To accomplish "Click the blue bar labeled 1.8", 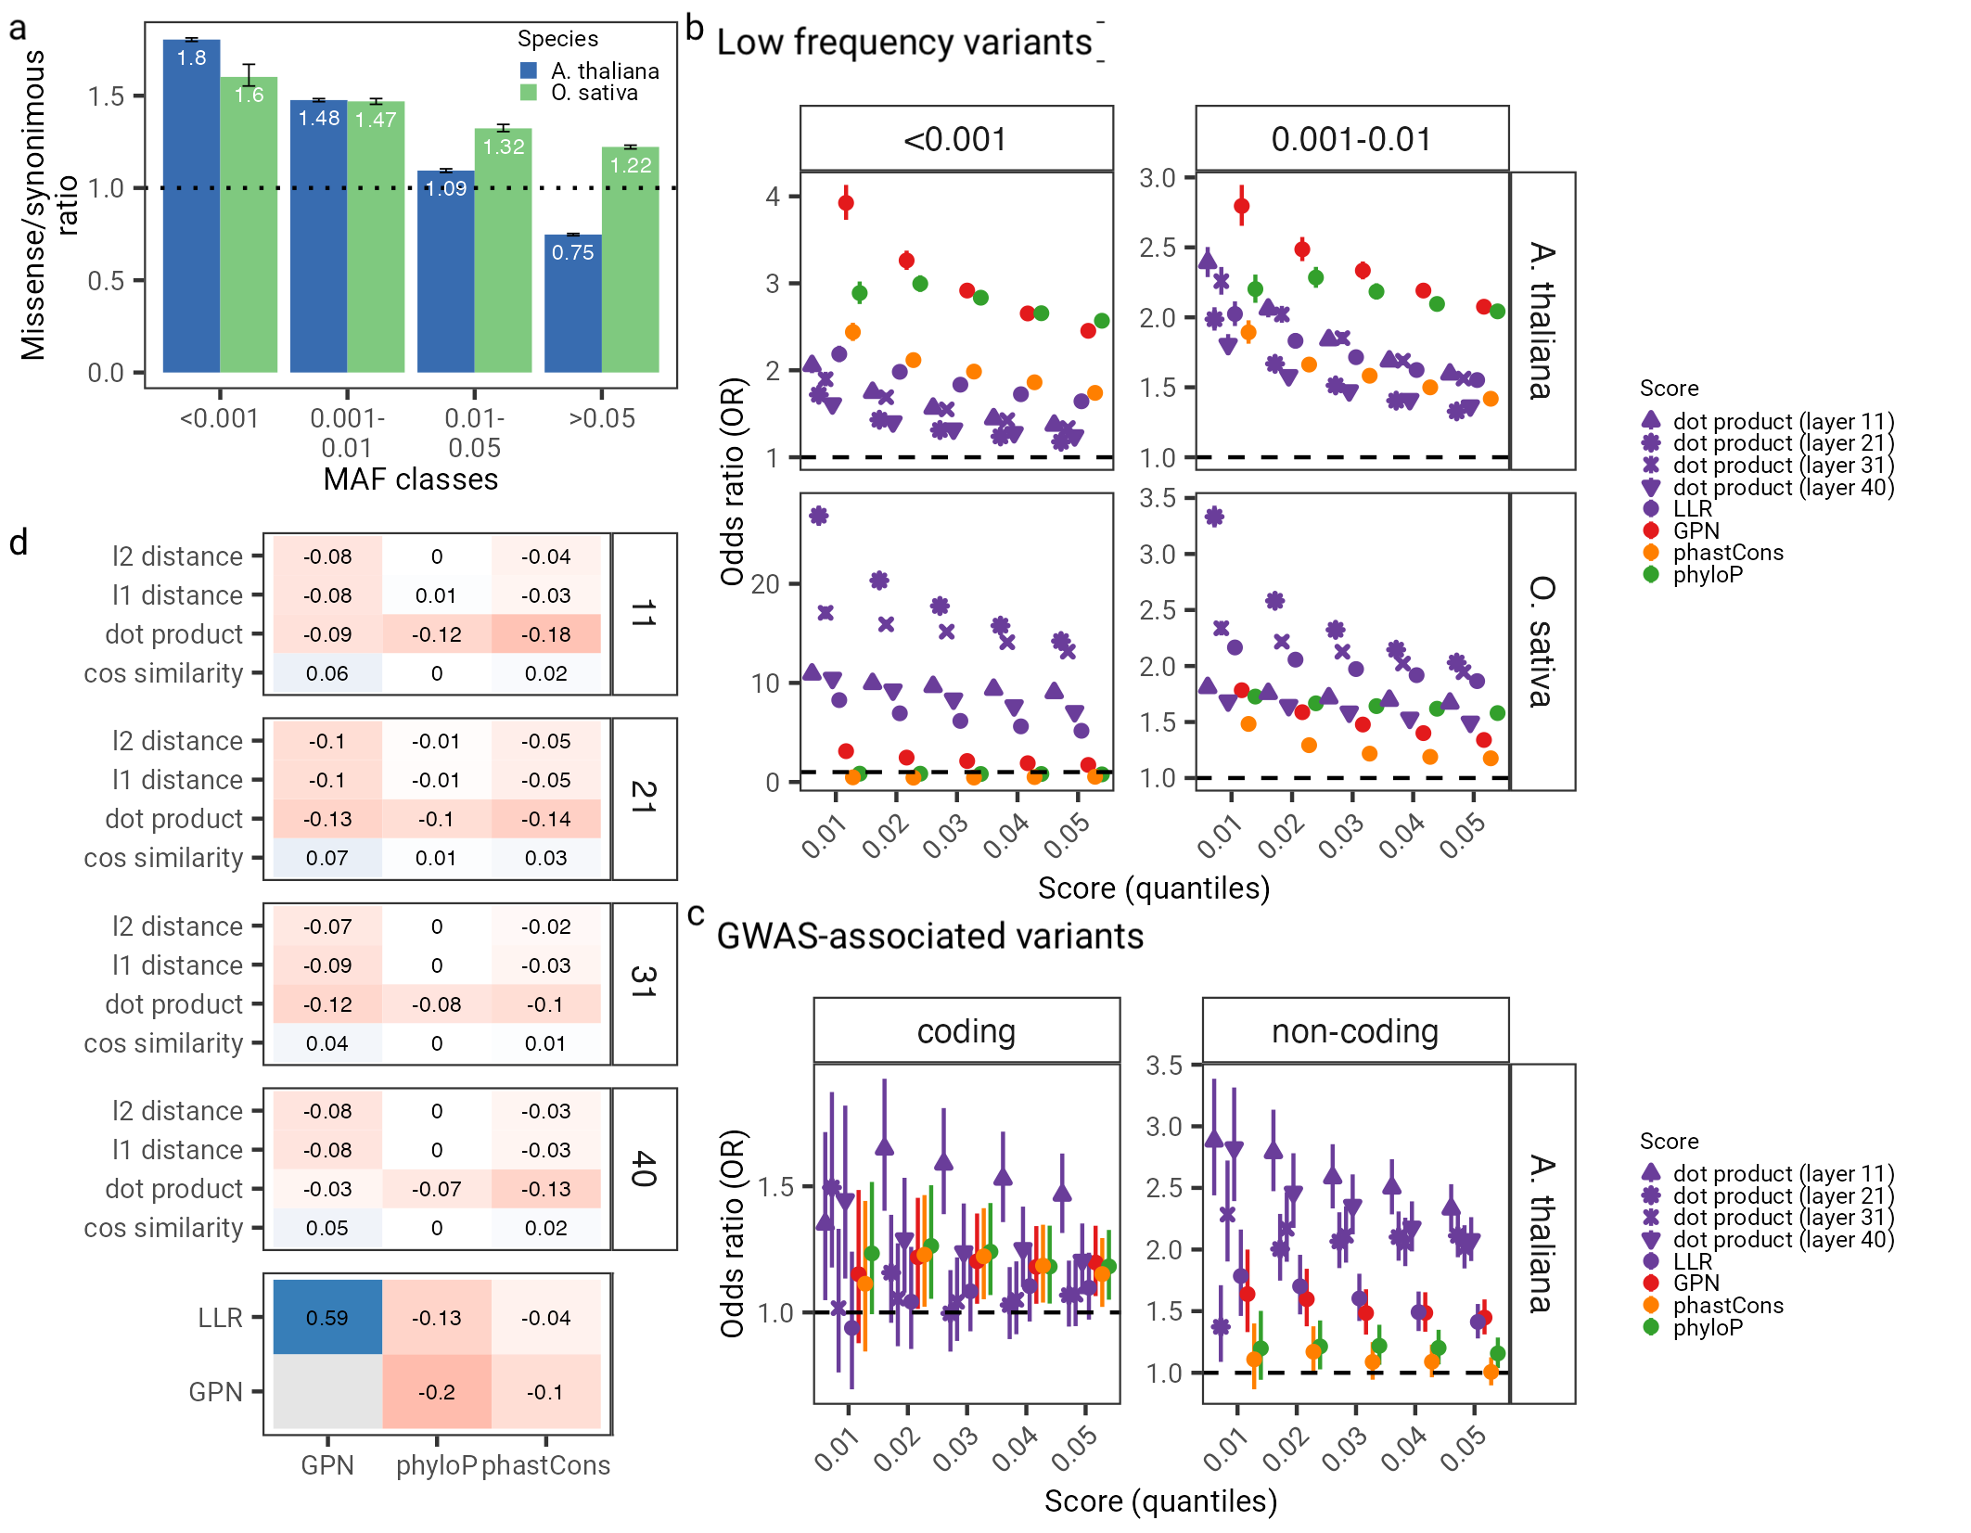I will click(191, 204).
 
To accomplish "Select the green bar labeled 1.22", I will click(630, 260).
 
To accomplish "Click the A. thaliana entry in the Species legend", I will click(604, 70).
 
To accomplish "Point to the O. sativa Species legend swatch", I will click(529, 93).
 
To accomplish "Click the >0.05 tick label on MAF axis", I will click(602, 418).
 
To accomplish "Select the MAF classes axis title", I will click(410, 479).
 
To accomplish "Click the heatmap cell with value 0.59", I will click(327, 1317).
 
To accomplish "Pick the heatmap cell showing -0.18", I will click(545, 634).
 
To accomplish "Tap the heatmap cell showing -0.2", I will click(436, 1391).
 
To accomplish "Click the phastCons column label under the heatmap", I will click(545, 1465).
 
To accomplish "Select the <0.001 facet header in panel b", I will click(956, 139).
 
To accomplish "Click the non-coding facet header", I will click(1354, 1031).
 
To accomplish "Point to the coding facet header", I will click(966, 1031).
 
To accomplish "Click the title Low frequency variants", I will click(904, 43).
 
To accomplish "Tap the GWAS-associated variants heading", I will click(929, 936).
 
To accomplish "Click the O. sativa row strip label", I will click(1542, 641).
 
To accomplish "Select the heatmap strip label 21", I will click(644, 798).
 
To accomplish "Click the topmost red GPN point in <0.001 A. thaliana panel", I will click(846, 202).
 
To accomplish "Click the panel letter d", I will click(19, 543).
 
